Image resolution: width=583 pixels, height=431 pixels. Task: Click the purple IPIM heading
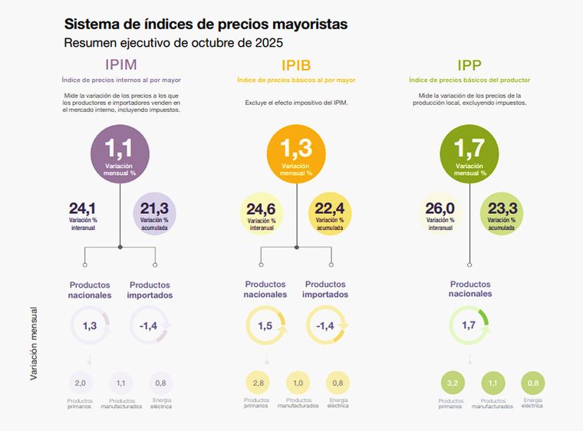[120, 64]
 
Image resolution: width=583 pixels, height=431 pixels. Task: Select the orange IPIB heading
[296, 64]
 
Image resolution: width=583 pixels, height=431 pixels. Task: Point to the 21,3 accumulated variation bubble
[155, 213]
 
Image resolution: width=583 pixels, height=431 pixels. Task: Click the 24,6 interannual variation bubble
[262, 213]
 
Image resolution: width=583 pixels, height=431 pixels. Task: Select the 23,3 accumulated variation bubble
[502, 213]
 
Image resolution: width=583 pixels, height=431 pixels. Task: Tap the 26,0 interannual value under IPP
[440, 213]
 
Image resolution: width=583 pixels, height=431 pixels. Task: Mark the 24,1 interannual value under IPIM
[82, 213]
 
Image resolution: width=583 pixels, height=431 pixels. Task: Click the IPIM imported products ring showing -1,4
[150, 326]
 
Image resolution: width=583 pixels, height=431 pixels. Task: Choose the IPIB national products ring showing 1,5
[265, 326]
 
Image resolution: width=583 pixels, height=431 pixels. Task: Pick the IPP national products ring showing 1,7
[469, 326]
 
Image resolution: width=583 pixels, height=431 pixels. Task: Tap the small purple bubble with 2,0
[81, 383]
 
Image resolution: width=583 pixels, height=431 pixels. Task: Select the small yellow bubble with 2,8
[257, 383]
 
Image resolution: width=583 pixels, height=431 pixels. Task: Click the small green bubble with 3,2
[451, 383]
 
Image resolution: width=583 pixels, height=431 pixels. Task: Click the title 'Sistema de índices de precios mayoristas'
[206, 25]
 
